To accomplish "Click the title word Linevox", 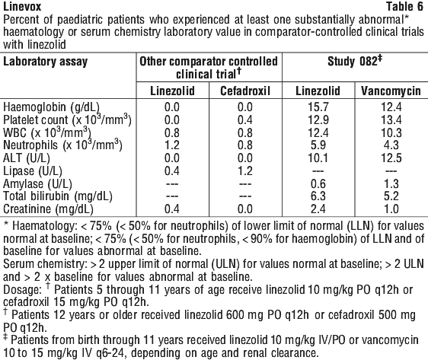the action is coord(22,7).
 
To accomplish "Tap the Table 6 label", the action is coord(404,7).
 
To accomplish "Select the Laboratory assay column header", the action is coord(45,62).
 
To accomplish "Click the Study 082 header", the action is coord(355,61).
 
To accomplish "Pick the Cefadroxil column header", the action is coord(245,91).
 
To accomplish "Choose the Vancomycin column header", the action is coord(391,91).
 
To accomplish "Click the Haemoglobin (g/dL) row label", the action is coord(51,107).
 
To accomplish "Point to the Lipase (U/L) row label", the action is coord(33,171).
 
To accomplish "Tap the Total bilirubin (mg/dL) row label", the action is coord(58,196).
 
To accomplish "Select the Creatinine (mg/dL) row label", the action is coord(48,209).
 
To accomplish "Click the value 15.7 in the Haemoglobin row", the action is coord(318,107).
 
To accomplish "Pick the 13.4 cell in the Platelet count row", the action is coord(391,120).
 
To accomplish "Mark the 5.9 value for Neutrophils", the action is coord(318,145).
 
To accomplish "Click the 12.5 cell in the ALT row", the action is coord(391,158).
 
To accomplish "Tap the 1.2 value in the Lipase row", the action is coord(245,171).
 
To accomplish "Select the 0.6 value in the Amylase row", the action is coord(318,184).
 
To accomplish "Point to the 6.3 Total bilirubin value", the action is coord(318,196).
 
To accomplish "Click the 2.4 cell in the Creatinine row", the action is coord(318,209).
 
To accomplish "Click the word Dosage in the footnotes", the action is coord(22,290).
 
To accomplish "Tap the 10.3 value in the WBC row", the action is coord(391,133).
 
